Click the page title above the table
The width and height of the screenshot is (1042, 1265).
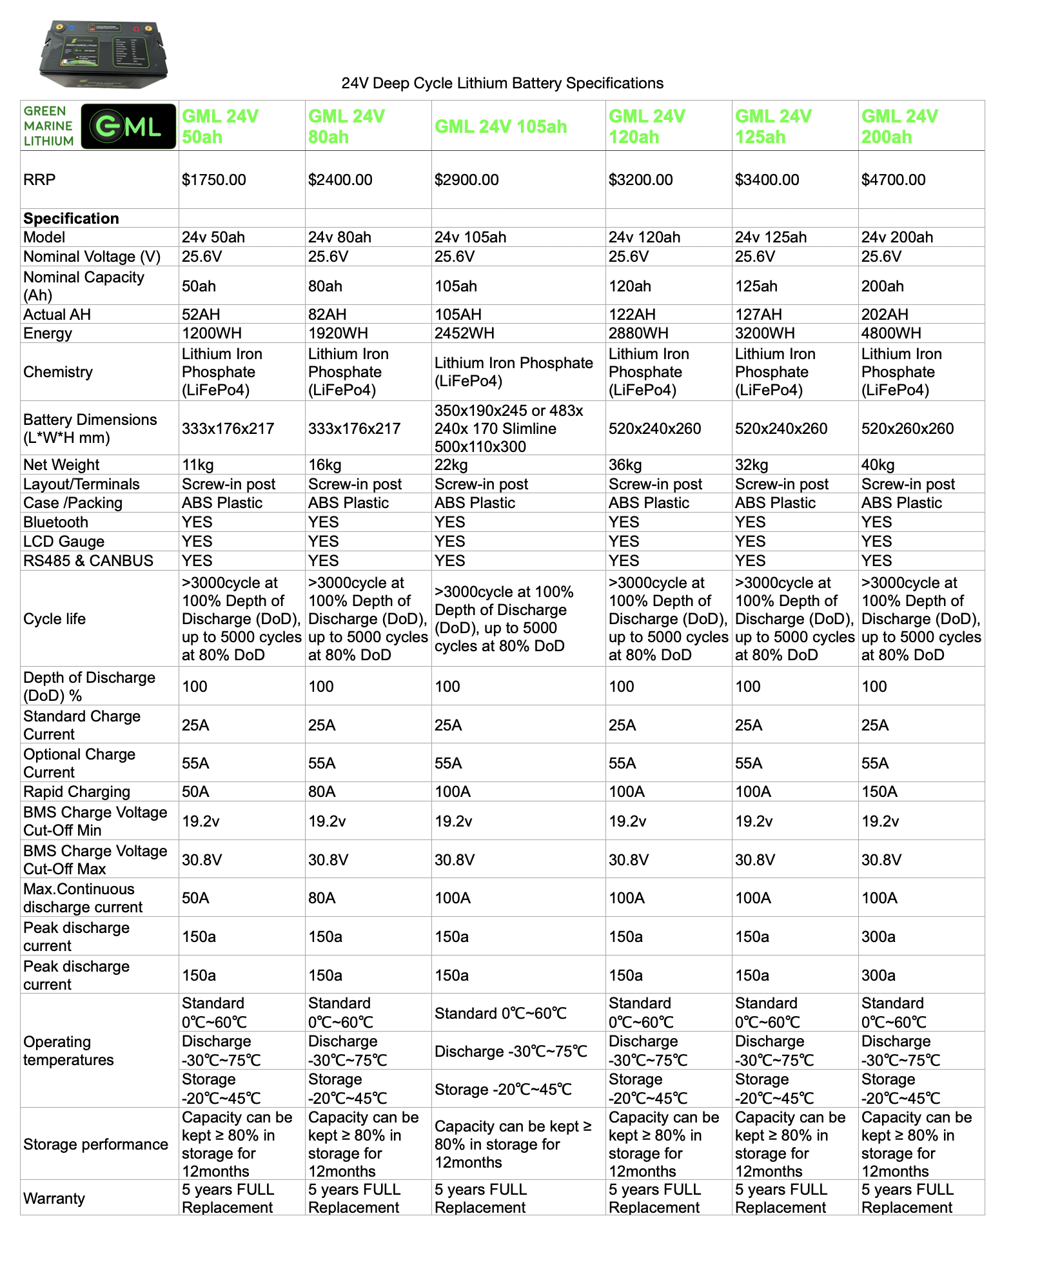(502, 83)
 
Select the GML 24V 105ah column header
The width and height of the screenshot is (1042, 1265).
(500, 126)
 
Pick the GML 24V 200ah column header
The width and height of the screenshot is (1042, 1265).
(899, 126)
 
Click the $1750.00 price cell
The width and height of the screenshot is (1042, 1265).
(213, 180)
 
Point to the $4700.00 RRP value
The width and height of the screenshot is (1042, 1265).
(893, 180)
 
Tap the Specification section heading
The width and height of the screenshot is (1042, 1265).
(71, 219)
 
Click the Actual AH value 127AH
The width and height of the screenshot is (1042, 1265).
(758, 315)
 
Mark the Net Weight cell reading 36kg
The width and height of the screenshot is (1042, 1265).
(625, 465)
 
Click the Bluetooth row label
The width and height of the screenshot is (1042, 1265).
(55, 522)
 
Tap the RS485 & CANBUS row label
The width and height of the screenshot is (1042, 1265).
(88, 561)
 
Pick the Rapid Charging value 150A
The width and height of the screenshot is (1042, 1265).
(879, 792)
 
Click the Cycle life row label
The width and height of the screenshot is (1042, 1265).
(54, 619)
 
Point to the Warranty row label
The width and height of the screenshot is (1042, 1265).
(54, 1199)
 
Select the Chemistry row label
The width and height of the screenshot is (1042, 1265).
(58, 372)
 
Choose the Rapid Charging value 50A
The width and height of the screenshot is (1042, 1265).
(195, 792)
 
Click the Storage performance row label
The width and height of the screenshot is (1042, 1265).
(95, 1144)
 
